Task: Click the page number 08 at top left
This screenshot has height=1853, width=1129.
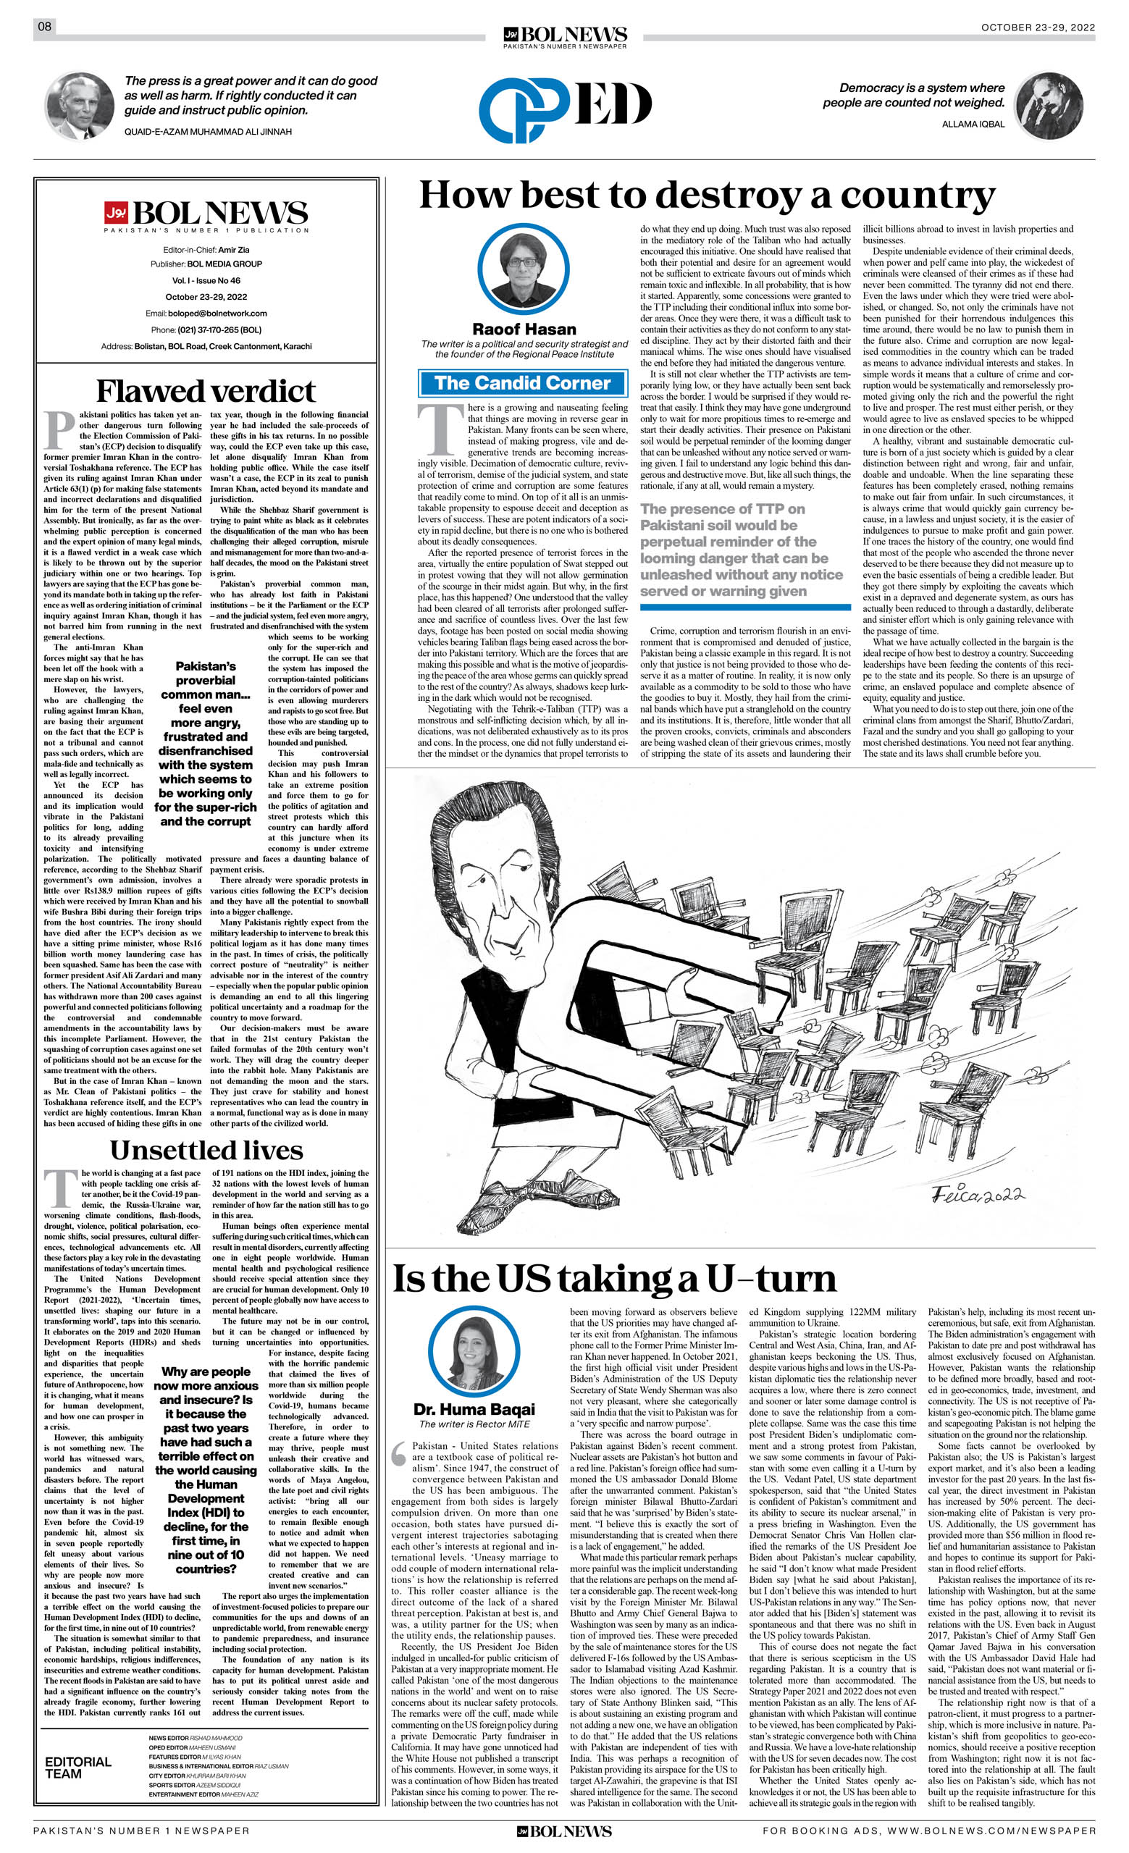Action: point(45,27)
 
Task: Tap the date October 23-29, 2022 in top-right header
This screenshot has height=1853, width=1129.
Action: point(1037,28)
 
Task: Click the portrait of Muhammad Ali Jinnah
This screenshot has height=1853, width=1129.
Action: point(80,106)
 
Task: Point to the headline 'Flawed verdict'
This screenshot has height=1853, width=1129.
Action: point(206,391)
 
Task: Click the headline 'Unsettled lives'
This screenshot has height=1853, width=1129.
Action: point(206,1151)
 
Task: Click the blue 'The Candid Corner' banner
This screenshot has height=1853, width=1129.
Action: point(522,383)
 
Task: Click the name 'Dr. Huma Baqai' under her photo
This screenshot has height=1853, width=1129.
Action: point(474,1409)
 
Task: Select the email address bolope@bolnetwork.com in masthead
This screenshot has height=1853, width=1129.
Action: point(206,313)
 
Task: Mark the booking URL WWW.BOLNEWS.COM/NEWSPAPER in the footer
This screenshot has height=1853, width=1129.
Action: point(991,1836)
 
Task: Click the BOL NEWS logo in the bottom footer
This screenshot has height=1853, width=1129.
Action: point(564,1836)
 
